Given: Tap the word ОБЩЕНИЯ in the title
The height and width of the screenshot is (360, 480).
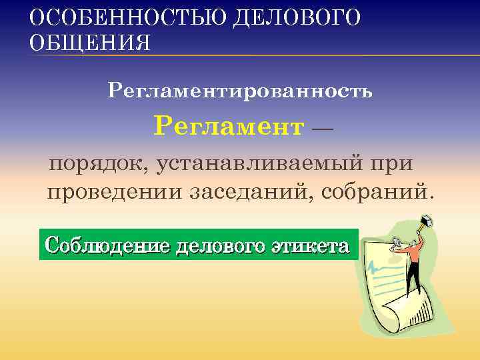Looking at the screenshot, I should pyautogui.click(x=90, y=43).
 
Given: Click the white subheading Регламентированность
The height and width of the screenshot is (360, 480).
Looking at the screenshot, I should pyautogui.click(x=240, y=90).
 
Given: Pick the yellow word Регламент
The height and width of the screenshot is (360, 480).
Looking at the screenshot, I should pyautogui.click(x=229, y=125).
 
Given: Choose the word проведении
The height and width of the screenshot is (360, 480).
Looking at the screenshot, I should pyautogui.click(x=114, y=193).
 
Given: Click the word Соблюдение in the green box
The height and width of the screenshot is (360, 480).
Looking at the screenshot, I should pyautogui.click(x=106, y=245).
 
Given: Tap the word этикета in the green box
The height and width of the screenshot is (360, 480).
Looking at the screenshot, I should pyautogui.click(x=310, y=245).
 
